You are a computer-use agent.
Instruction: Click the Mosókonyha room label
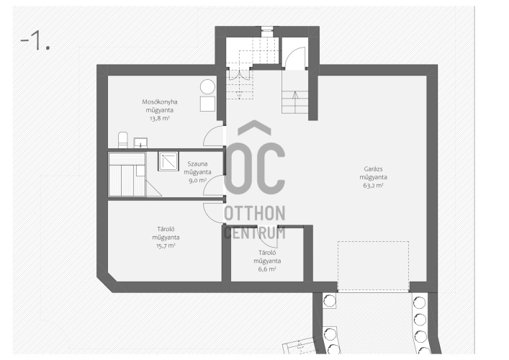tap(160, 102)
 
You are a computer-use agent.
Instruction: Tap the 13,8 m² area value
tap(159, 119)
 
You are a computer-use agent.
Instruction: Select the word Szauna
tap(197, 164)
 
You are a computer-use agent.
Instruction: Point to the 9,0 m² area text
tap(198, 181)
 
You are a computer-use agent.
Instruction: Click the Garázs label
tap(373, 169)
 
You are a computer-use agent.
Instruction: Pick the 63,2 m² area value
tap(373, 186)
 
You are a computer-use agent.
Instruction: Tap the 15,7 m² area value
tap(166, 246)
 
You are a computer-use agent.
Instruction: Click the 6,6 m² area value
tap(267, 269)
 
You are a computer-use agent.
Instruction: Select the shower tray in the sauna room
tap(168, 161)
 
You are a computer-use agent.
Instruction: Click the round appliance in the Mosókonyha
tap(207, 87)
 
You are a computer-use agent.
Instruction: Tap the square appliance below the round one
tap(207, 104)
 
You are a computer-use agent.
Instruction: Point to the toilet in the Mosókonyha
tap(122, 140)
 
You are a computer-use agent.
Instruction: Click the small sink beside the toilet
tap(140, 143)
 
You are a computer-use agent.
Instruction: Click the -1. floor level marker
tap(35, 41)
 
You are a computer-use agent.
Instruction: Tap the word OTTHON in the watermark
tap(255, 213)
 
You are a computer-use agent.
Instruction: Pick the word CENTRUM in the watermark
tap(255, 233)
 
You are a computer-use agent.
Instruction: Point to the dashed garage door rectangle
tap(373, 266)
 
